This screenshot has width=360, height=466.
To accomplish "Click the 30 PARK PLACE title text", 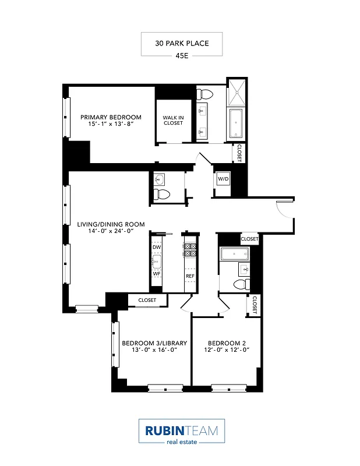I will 181,43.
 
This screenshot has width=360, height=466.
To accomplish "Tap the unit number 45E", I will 181,57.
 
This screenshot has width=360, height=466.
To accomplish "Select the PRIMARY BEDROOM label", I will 111,117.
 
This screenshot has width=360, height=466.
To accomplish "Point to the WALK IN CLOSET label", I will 173,120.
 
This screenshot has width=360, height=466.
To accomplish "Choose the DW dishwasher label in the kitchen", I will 156,248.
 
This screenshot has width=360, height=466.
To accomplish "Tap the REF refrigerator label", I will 190,276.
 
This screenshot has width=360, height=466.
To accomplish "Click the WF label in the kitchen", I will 156,273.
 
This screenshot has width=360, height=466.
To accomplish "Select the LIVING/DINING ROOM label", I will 111,224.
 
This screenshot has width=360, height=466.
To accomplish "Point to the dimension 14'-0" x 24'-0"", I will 111,232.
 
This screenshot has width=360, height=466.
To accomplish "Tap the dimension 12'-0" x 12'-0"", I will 225,350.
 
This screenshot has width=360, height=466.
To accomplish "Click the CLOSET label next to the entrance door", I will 249,239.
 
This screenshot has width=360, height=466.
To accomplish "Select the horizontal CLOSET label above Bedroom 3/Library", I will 147,300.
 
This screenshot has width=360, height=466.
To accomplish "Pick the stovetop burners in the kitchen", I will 190,250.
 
